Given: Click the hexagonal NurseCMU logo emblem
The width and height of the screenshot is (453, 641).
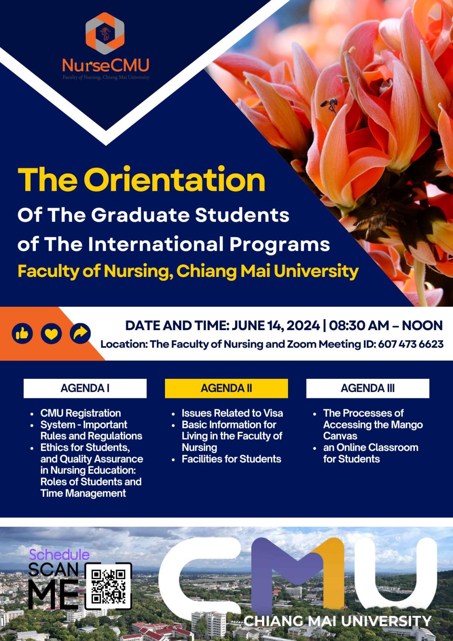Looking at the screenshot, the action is pos(105,33).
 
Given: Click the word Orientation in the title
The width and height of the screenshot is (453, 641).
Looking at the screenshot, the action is pos(174,180).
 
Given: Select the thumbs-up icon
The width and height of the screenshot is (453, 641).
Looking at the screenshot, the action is pos(22,334).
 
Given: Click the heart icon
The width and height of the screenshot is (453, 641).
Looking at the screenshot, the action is pos(51,334).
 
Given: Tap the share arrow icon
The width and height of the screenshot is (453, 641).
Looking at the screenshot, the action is pos(80,334).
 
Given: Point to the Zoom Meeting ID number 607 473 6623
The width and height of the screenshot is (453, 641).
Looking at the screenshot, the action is pos(411,344).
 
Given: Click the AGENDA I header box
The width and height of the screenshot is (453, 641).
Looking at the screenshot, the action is pos(85,388).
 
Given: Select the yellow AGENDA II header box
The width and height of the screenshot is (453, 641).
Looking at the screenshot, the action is pos(226,388).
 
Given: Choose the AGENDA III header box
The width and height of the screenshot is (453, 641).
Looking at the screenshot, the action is pos(368,388).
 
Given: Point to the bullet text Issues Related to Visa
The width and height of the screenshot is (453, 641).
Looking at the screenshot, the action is pos(232,413).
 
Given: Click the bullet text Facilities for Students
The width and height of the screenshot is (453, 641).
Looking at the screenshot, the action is pos(231,459).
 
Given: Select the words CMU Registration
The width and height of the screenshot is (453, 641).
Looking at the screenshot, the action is pos(81,413).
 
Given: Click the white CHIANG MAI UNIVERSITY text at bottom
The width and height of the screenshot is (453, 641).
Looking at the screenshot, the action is pos(337,621).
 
